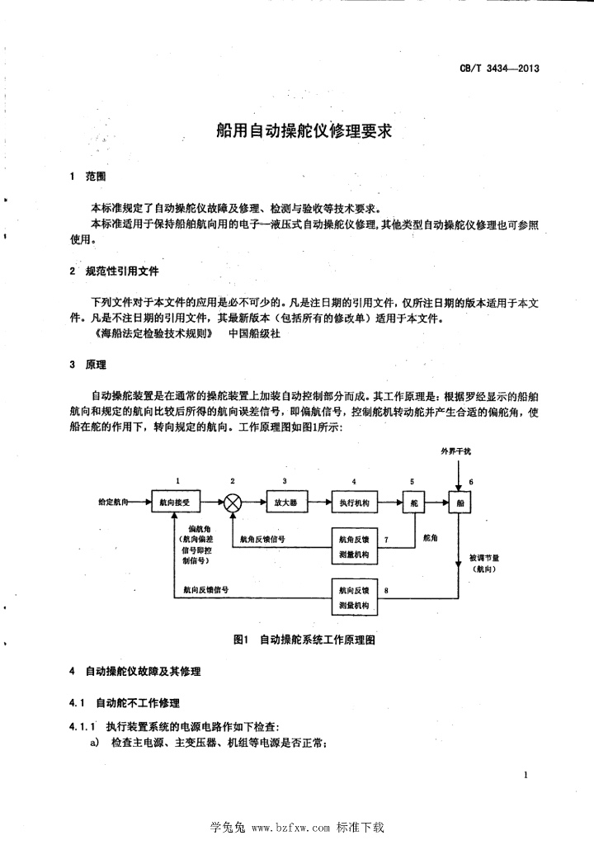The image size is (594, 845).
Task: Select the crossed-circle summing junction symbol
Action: (233, 502)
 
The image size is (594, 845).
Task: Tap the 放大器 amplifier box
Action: (285, 502)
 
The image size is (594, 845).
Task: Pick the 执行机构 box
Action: (354, 502)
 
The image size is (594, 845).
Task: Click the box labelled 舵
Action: (412, 502)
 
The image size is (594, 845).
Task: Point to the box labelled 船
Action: (460, 502)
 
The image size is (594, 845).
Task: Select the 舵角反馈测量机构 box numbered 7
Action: (354, 545)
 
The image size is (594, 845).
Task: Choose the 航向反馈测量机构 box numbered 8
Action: (354, 598)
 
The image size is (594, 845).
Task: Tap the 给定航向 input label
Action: (113, 501)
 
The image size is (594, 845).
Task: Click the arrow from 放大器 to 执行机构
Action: (317, 502)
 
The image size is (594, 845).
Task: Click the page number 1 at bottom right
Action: (526, 775)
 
